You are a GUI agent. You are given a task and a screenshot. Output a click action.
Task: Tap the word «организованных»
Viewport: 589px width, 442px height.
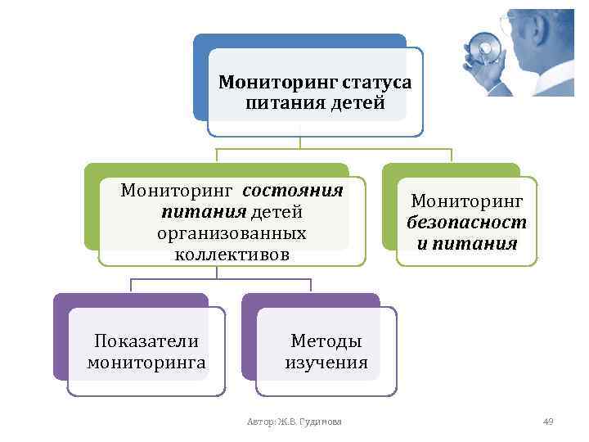232,233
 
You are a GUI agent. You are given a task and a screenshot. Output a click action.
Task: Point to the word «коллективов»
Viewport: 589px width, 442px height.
232,254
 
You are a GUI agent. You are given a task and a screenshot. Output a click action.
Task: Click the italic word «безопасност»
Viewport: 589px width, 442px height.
466,222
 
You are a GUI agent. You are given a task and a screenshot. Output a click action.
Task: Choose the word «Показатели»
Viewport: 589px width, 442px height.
146,341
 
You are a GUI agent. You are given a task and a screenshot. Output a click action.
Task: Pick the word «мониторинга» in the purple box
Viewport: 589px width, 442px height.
146,362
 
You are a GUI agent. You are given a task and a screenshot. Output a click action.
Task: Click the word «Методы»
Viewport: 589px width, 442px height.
326,341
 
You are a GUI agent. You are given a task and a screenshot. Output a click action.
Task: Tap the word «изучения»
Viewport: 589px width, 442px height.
326,362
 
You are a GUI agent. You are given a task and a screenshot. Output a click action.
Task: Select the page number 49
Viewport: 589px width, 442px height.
548,422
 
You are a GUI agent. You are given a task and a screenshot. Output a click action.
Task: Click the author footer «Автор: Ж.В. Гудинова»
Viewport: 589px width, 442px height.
294,422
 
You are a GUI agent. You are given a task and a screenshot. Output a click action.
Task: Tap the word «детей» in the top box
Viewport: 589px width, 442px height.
353,104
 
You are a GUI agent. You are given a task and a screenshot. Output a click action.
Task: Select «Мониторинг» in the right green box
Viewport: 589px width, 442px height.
466,201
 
